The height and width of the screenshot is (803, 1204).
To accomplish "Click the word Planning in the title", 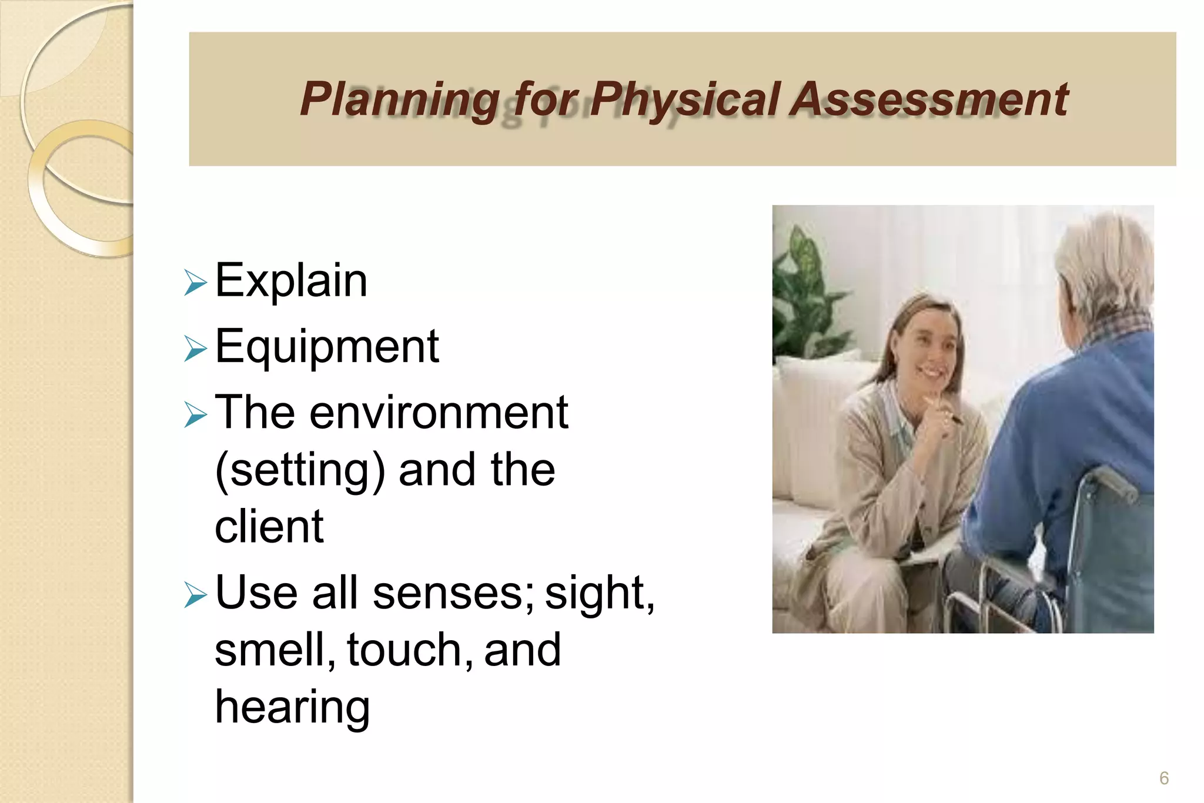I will click(400, 100).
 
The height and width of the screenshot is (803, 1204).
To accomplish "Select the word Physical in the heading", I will click(685, 100).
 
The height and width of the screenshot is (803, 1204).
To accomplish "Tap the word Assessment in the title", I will click(929, 100).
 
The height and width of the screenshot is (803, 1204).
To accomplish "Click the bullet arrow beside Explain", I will click(195, 283).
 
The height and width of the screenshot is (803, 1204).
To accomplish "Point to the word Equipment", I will click(327, 347).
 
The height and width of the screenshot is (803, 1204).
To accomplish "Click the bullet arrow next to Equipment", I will click(195, 349).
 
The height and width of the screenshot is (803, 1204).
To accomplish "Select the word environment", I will click(439, 413).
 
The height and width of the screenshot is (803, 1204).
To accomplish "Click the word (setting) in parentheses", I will click(300, 470).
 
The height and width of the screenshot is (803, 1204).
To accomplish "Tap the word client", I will click(269, 527).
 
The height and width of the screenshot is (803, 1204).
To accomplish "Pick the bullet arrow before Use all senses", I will click(195, 595).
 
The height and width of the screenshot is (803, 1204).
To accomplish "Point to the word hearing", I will click(292, 707).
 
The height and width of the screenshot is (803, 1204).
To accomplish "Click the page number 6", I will click(1163, 778).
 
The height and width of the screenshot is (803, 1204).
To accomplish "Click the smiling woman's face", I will click(929, 353).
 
